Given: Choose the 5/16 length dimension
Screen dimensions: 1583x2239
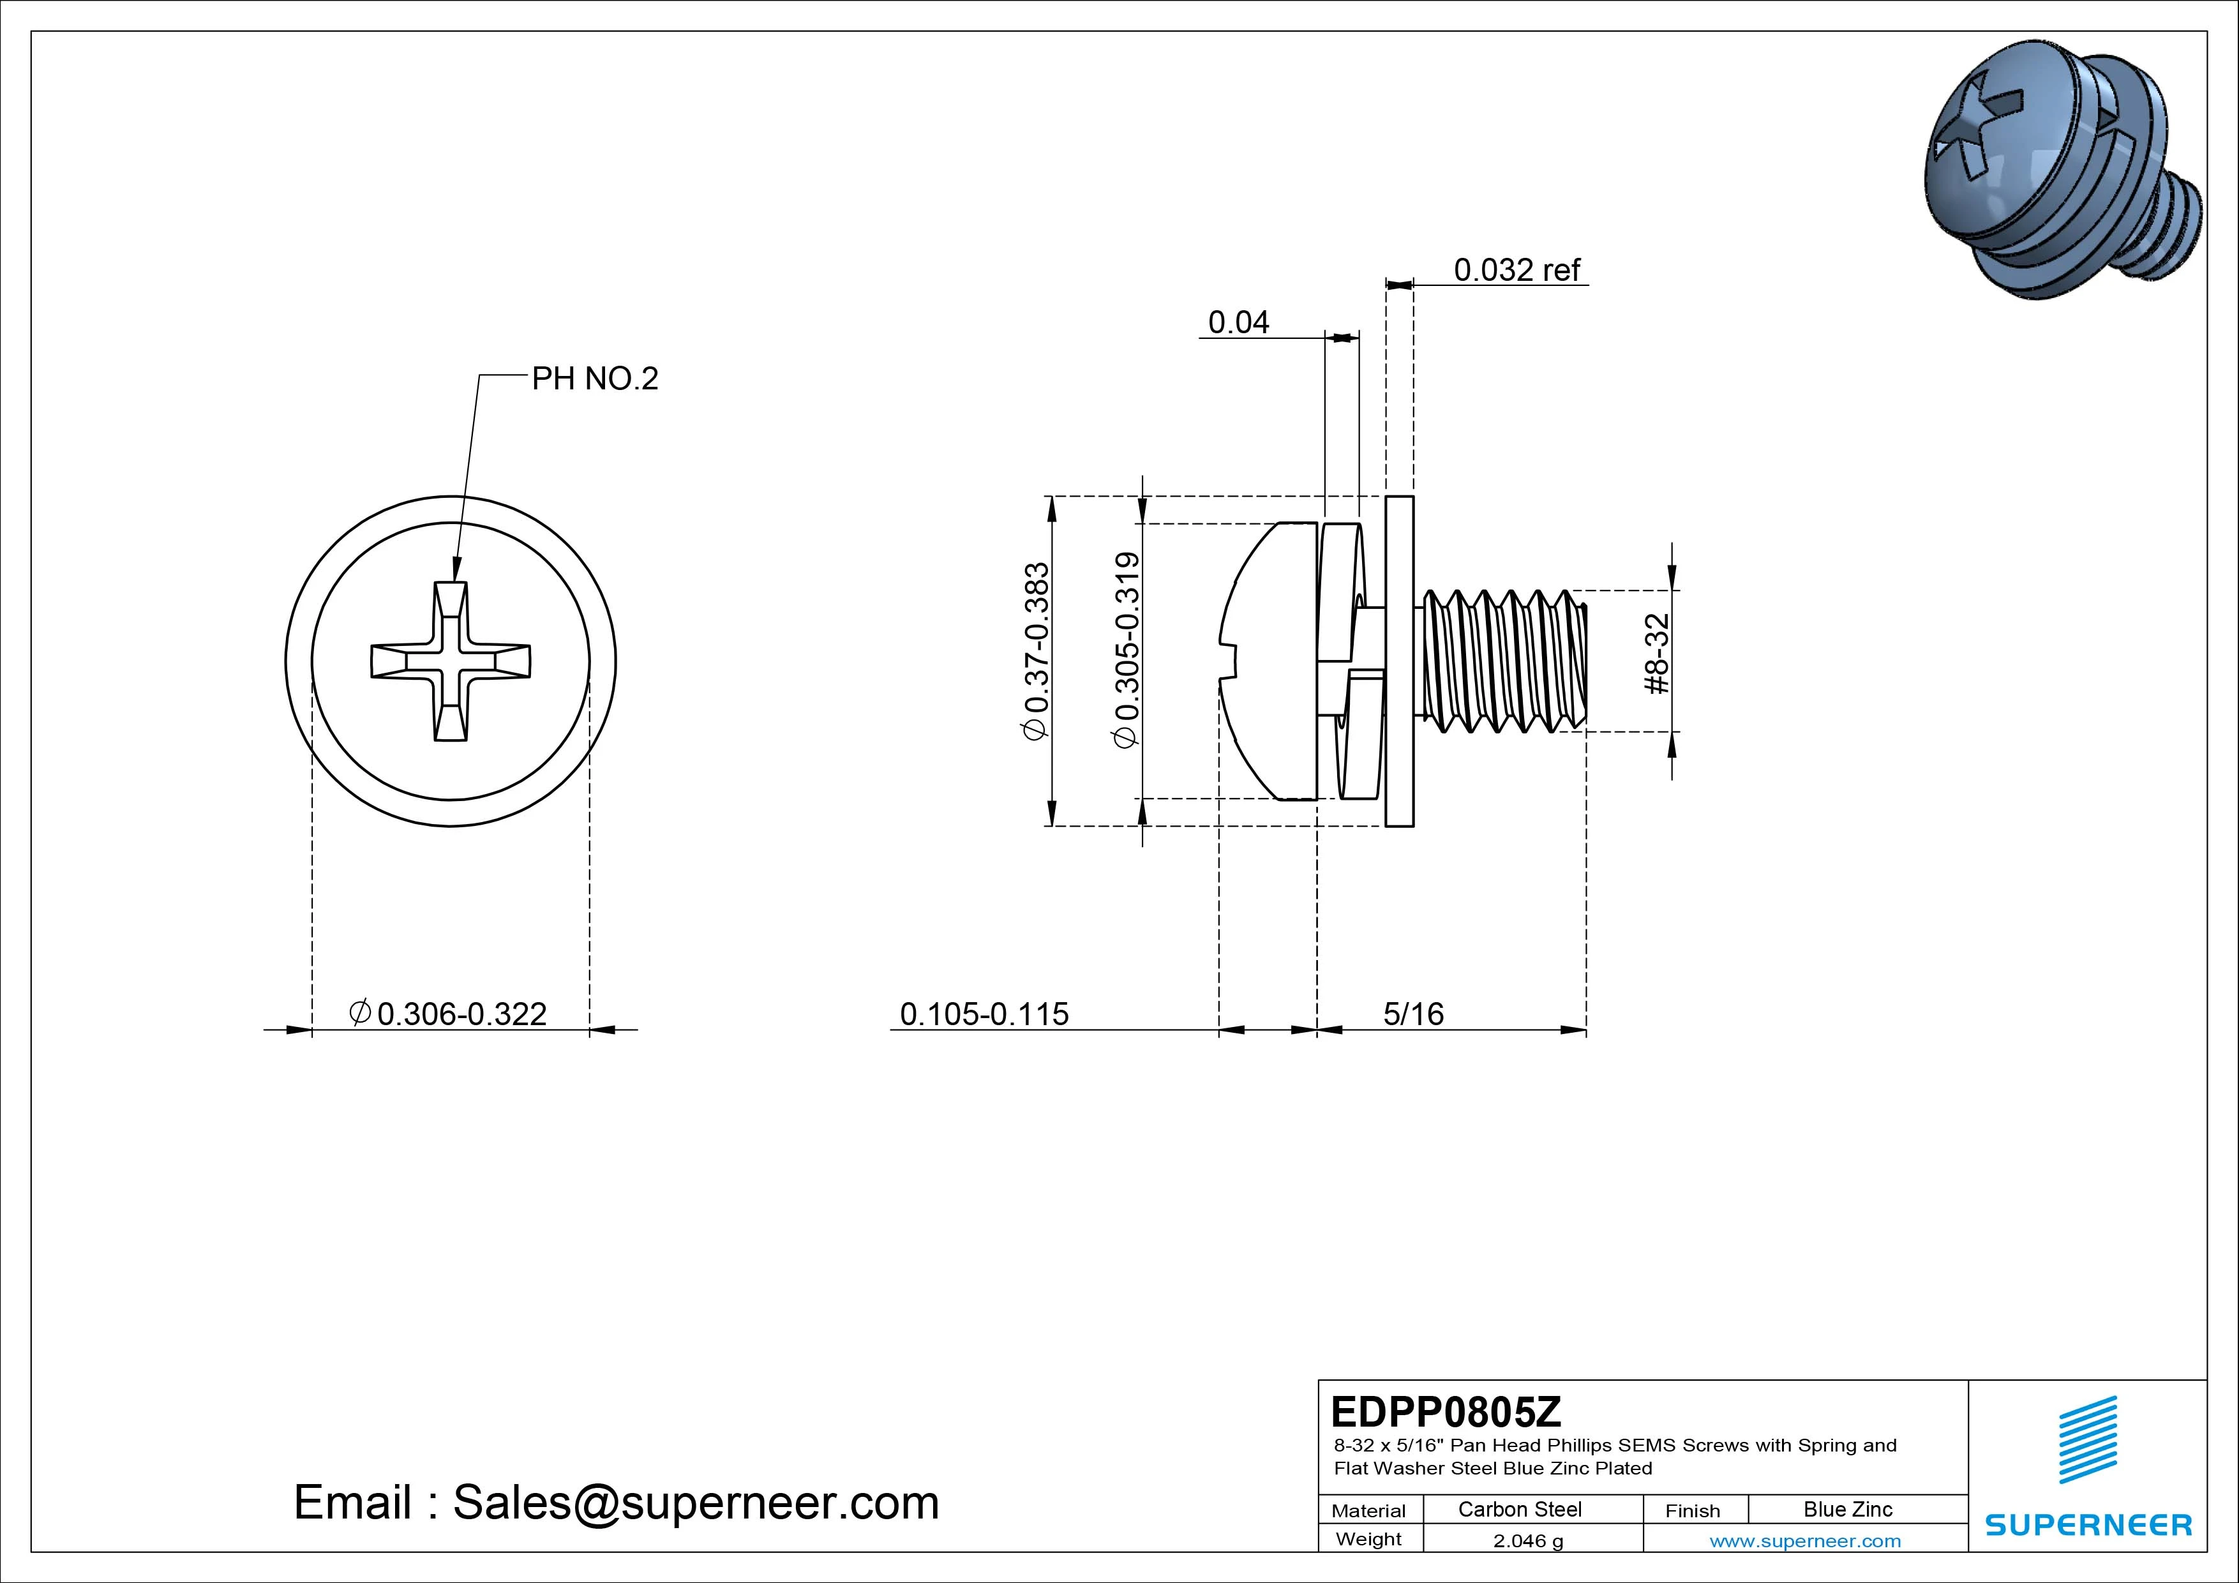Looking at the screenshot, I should [x=1413, y=1014].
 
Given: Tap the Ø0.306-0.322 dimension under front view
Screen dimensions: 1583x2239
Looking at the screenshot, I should [x=449, y=1014].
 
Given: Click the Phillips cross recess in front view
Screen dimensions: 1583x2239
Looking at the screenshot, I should [x=451, y=661].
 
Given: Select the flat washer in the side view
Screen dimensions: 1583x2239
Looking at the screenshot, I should [x=1399, y=661].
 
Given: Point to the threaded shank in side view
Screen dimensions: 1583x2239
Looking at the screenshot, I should [x=1502, y=661].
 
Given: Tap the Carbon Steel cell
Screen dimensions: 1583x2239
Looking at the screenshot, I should [x=1519, y=1509].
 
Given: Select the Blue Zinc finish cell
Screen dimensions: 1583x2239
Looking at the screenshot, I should [x=1847, y=1509].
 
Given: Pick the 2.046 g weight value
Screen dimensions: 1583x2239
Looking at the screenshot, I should [x=1528, y=1541].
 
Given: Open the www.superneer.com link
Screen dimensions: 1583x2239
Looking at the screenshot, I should [x=1804, y=1541].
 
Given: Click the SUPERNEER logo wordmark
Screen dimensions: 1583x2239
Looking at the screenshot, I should [x=2088, y=1524].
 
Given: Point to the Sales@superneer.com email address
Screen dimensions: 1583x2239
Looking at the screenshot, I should [x=694, y=1502].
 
